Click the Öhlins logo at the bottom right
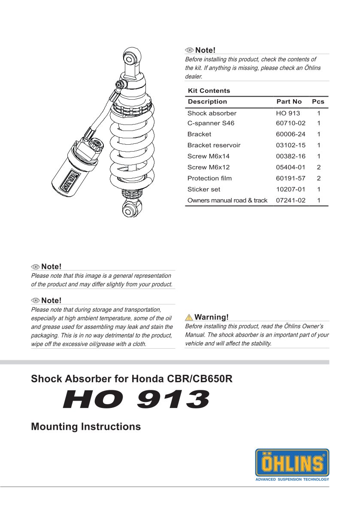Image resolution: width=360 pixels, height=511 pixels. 292,462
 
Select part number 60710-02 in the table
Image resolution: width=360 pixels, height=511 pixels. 290,123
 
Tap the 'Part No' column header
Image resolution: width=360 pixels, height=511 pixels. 289,102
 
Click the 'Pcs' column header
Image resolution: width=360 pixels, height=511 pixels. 318,102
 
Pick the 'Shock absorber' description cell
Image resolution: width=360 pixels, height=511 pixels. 212,113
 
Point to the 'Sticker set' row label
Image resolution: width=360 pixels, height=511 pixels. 204,189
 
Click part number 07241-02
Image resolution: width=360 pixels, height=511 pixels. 290,201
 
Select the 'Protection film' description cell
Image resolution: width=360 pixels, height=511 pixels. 209,178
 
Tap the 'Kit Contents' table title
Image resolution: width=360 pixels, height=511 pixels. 209,91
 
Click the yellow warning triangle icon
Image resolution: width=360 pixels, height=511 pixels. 189,318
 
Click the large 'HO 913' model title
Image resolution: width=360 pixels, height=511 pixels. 136,399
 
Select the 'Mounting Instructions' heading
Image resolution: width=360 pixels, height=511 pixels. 86,427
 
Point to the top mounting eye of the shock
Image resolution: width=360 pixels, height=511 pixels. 131,57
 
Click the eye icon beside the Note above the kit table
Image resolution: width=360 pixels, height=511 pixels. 190,51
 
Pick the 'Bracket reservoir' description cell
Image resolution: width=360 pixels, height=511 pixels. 214,145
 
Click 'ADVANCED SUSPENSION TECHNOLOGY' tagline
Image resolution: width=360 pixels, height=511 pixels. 292,479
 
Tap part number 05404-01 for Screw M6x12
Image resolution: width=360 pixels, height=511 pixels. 290,167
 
